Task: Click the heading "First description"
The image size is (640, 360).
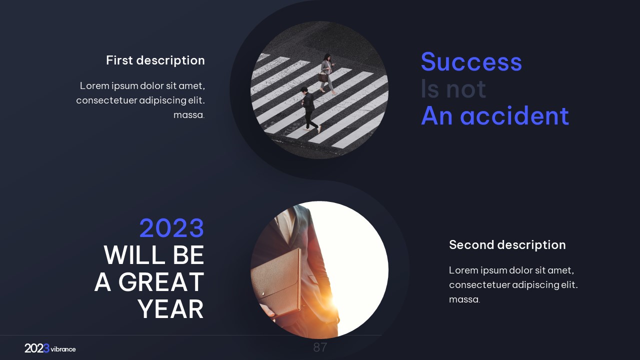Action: click(155, 60)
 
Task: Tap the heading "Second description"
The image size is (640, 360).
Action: click(507, 245)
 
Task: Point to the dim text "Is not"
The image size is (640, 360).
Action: click(453, 89)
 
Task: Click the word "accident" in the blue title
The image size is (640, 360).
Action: click(514, 115)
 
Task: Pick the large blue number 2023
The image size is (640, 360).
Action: click(171, 228)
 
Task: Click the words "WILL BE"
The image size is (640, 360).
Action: click(154, 255)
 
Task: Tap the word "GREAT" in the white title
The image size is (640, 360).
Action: click(161, 282)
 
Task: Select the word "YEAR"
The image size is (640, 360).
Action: click(170, 309)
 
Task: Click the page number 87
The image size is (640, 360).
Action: click(320, 347)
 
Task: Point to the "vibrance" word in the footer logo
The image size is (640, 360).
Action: click(63, 349)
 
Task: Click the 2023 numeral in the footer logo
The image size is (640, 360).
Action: click(37, 348)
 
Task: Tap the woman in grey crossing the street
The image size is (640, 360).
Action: click(327, 73)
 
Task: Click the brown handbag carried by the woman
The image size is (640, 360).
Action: click(323, 77)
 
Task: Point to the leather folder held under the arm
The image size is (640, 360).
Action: click(276, 281)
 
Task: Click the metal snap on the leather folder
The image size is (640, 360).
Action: click(263, 293)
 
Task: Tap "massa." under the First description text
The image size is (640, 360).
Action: click(189, 115)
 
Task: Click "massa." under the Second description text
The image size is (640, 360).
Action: click(464, 299)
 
